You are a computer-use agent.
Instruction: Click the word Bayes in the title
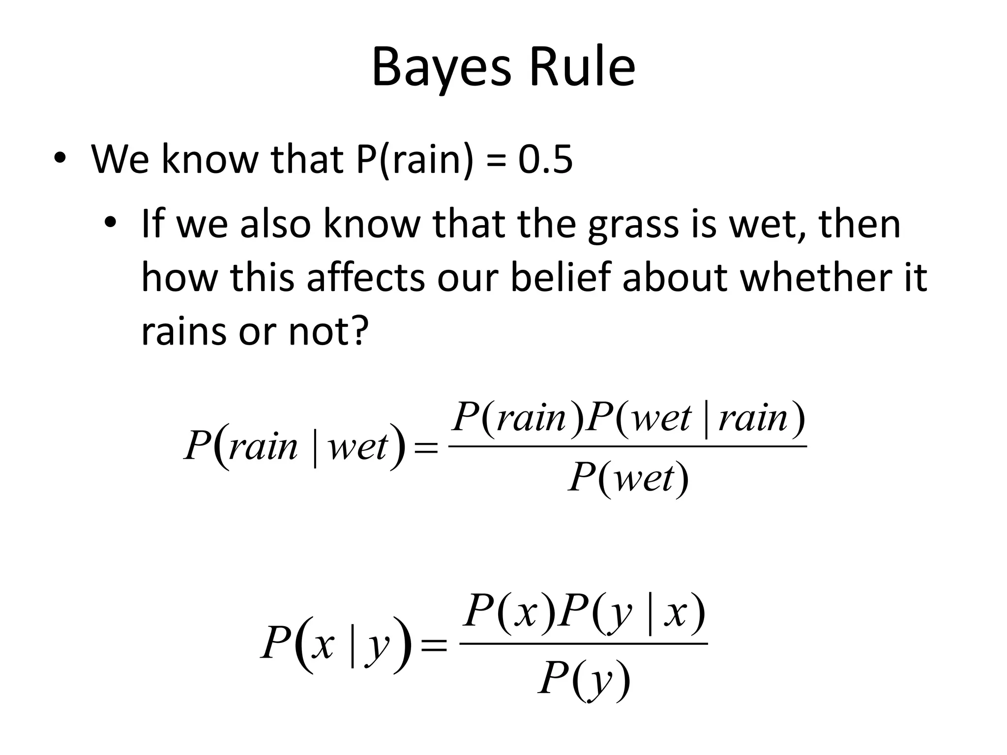(x=441, y=69)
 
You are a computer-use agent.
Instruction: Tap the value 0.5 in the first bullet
(x=545, y=160)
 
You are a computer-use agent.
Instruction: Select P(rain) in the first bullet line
(x=415, y=160)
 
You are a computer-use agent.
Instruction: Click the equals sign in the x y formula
(x=434, y=645)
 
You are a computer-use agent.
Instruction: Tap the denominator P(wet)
(x=628, y=478)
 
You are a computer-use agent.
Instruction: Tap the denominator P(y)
(x=584, y=680)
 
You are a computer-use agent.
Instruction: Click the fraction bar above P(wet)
(x=628, y=446)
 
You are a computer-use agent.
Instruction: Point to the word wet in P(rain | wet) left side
(x=358, y=447)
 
